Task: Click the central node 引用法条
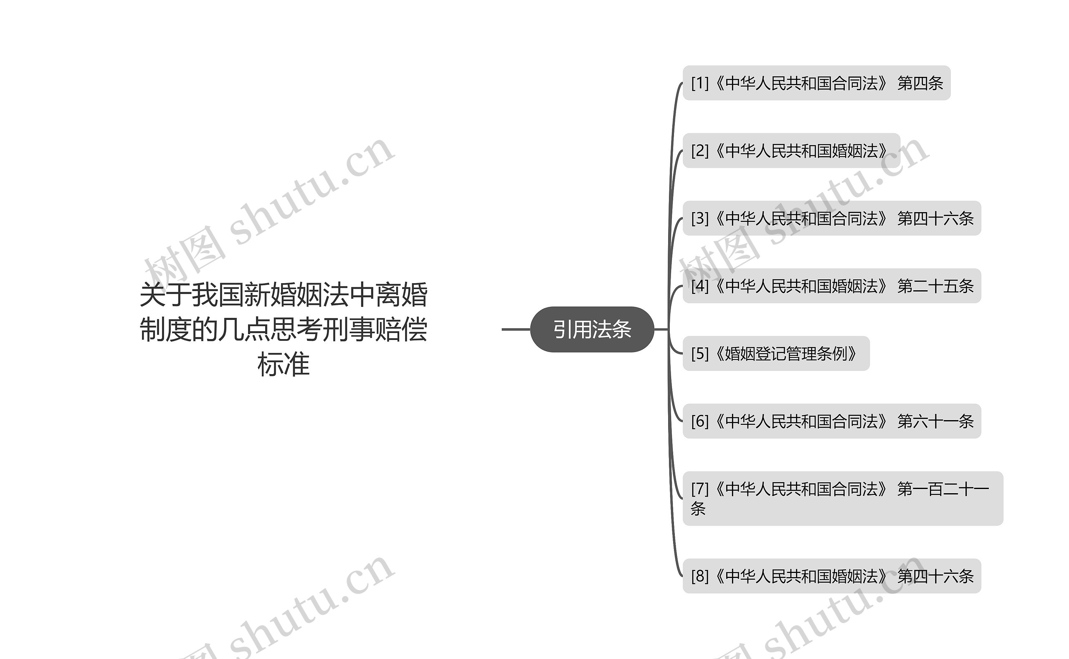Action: pyautogui.click(x=592, y=329)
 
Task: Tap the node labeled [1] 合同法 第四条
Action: pyautogui.click(x=816, y=83)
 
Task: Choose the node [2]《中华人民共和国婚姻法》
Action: pyautogui.click(x=791, y=151)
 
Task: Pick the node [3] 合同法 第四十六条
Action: pyautogui.click(x=831, y=218)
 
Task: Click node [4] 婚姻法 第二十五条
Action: pyautogui.click(x=831, y=286)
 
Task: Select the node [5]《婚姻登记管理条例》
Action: pyautogui.click(x=776, y=353)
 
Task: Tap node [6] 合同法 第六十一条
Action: pyautogui.click(x=831, y=421)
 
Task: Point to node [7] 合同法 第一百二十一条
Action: pyautogui.click(x=842, y=498)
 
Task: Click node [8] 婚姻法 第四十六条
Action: pyautogui.click(x=831, y=576)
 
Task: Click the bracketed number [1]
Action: pyautogui.click(x=700, y=83)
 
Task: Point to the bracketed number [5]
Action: pyautogui.click(x=700, y=353)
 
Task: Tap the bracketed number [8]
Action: pyautogui.click(x=700, y=576)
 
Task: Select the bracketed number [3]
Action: pyautogui.click(x=700, y=218)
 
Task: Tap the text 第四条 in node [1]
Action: pyautogui.click(x=920, y=83)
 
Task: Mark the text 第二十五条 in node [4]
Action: pyautogui.click(x=935, y=286)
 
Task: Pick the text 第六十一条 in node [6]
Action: pyautogui.click(x=935, y=421)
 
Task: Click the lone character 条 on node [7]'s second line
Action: pyautogui.click(x=698, y=509)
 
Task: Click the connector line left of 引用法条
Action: pyautogui.click(x=516, y=329)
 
